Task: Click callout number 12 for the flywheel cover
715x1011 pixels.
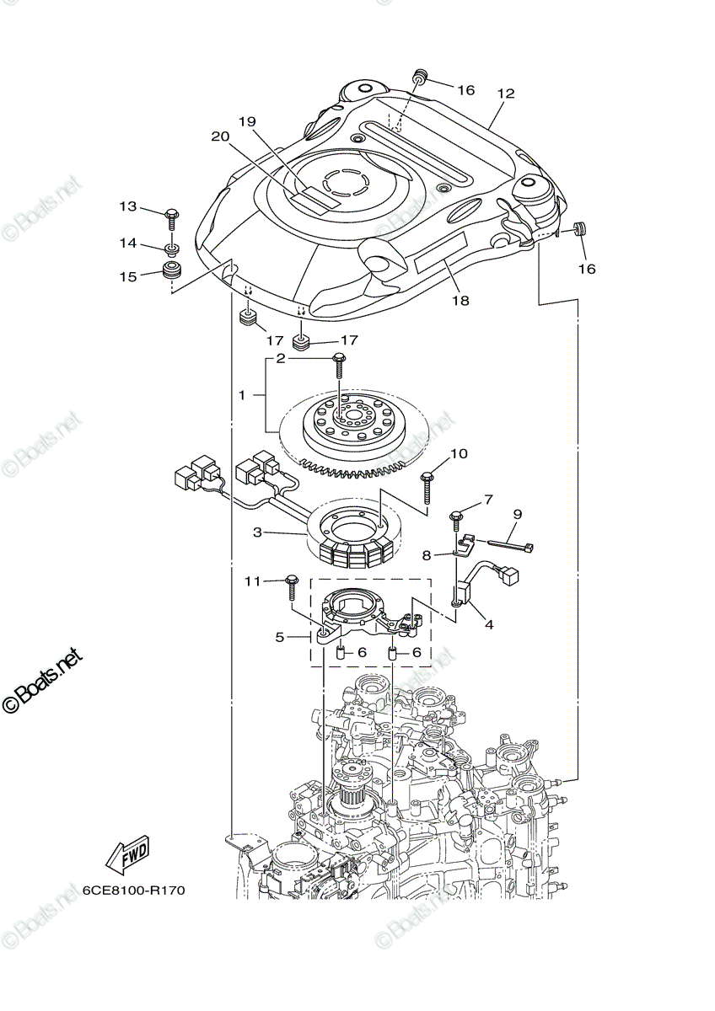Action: [x=506, y=94]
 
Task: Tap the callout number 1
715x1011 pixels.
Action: [x=241, y=395]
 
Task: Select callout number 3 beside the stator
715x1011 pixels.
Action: [x=258, y=532]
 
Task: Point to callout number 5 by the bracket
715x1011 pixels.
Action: [x=280, y=638]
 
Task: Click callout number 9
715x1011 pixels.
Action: [x=518, y=513]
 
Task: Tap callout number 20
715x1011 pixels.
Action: [x=219, y=136]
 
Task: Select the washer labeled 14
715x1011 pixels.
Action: [x=171, y=249]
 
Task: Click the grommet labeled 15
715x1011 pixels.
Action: [x=173, y=274]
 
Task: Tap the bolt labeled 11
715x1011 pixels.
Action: [x=293, y=581]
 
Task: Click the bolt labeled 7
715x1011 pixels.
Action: [x=456, y=515]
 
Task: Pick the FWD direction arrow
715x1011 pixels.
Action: [x=127, y=856]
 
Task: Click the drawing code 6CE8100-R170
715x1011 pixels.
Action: [x=133, y=891]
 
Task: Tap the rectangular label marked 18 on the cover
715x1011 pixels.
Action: [x=440, y=253]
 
